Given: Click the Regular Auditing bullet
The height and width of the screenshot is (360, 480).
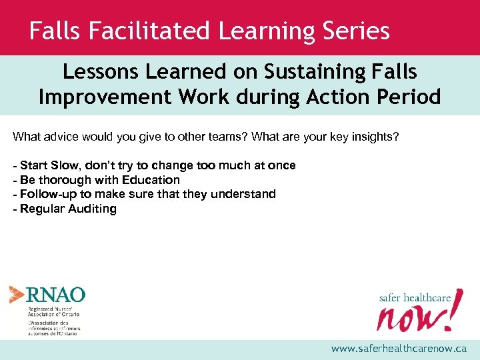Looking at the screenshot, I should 65,209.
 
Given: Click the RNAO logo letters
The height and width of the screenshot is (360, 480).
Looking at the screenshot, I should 56,294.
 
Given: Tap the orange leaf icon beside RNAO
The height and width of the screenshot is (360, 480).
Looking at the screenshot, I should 17,294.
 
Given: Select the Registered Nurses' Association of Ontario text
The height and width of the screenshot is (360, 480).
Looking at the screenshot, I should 53,311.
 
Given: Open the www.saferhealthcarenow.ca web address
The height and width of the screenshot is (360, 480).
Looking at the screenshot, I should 399,349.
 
